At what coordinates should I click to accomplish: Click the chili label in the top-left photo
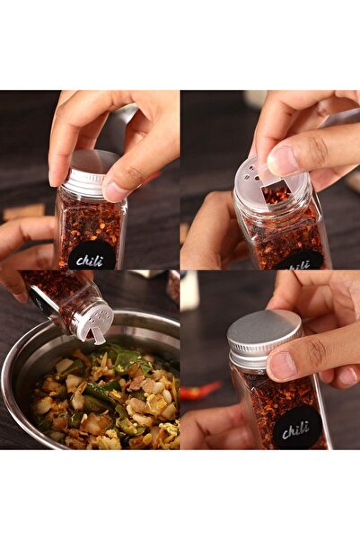92,257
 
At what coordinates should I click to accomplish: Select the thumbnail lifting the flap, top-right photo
283,160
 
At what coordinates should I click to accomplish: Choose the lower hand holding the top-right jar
211,238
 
